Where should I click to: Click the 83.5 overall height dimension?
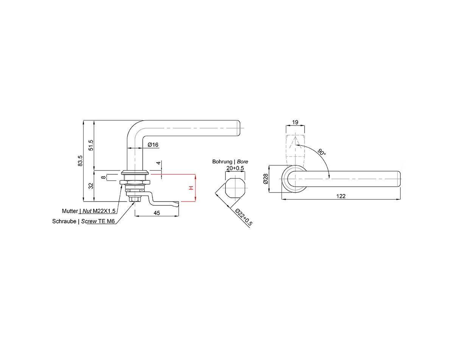click(x=80, y=161)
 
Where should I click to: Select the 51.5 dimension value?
click(x=91, y=145)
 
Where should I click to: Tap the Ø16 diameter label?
click(x=153, y=145)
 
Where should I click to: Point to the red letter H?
click(x=191, y=188)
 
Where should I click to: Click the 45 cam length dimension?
click(x=157, y=213)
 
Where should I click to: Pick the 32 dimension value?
click(x=91, y=186)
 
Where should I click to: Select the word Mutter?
click(x=70, y=211)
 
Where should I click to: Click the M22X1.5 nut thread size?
click(x=104, y=211)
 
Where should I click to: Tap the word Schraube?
click(x=64, y=221)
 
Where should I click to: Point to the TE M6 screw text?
click(x=107, y=221)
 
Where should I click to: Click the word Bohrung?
click(x=222, y=161)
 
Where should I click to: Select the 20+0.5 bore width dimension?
click(x=235, y=168)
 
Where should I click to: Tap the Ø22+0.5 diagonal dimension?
click(x=244, y=217)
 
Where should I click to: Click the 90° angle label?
click(x=322, y=152)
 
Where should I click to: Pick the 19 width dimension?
click(x=295, y=123)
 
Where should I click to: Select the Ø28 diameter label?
click(x=266, y=179)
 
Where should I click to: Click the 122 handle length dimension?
click(x=341, y=196)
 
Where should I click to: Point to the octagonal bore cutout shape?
click(x=235, y=188)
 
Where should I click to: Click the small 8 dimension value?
click(x=103, y=177)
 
